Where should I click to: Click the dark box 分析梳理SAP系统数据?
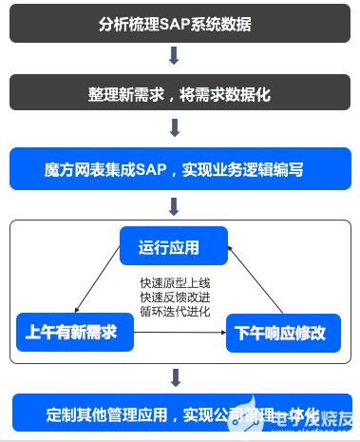(174, 22)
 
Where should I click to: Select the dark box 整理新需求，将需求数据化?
(174, 93)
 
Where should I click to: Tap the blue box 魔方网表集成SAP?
(174, 168)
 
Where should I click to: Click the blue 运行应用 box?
(174, 246)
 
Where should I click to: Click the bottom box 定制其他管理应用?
(174, 413)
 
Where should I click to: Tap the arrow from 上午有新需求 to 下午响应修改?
(180, 334)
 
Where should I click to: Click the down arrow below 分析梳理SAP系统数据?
(174, 57)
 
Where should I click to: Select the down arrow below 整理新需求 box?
(174, 127)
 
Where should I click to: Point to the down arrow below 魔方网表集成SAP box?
(174, 204)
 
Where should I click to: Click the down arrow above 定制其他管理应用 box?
(174, 378)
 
